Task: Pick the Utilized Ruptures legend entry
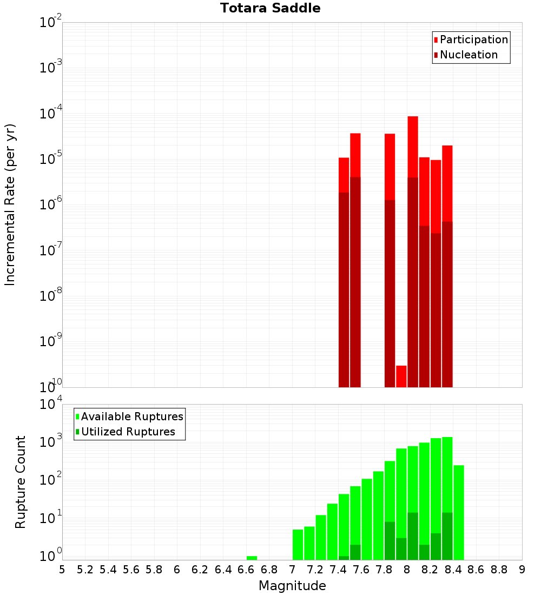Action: click(128, 432)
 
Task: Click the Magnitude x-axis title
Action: click(292, 586)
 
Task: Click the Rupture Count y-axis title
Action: click(21, 482)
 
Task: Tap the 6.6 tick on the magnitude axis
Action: click(246, 570)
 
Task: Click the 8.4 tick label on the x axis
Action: click(453, 570)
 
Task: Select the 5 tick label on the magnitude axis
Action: click(62, 570)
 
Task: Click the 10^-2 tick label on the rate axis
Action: click(51, 23)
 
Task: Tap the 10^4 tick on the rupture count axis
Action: click(51, 405)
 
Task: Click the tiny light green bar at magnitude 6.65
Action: click(252, 558)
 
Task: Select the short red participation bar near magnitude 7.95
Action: click(401, 376)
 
